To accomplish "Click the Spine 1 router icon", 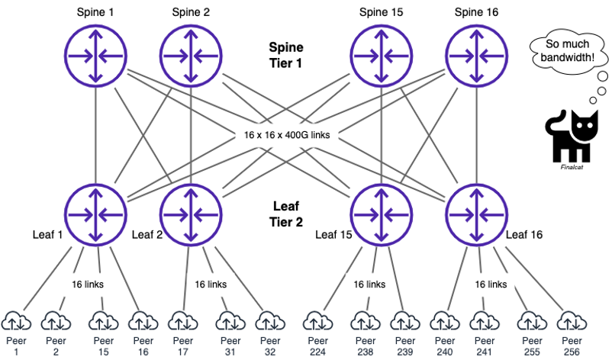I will [95, 56].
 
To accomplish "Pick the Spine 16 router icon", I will [475, 56].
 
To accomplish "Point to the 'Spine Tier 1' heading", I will [286, 55].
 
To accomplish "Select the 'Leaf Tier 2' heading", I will [286, 214].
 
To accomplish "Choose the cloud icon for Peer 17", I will [181, 319].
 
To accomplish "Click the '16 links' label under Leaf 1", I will [89, 284].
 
